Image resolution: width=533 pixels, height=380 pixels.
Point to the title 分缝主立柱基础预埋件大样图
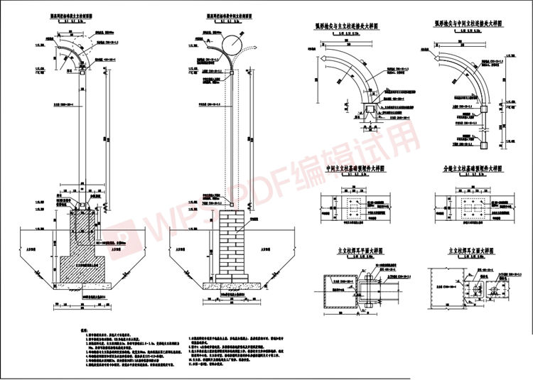(469, 170)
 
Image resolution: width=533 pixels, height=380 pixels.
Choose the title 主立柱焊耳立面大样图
(469, 251)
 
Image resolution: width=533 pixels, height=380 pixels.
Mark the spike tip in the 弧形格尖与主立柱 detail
(321, 60)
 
